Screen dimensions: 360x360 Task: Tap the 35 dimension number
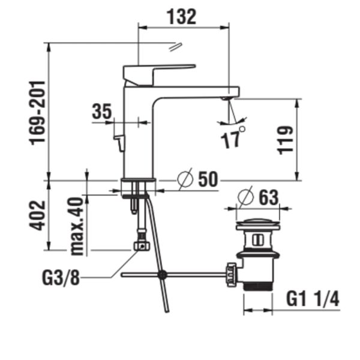coord(102,112)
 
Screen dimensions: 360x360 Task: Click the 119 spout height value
coord(286,140)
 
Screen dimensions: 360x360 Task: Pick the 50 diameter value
coord(208,179)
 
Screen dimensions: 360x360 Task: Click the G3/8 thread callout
coord(62,278)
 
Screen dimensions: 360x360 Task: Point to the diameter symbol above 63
coord(245,196)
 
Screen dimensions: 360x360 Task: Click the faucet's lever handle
coord(158,72)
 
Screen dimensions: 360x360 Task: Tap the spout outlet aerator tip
coord(226,98)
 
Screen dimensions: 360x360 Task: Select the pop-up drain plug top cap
coord(258,225)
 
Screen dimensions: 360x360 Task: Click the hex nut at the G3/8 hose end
coord(141,245)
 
